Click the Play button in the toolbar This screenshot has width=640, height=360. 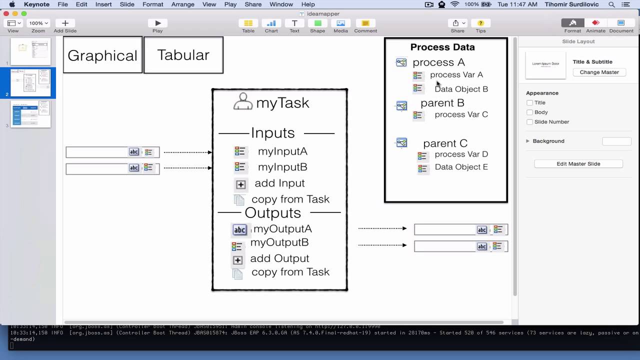click(157, 23)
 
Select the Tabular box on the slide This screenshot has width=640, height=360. click(183, 55)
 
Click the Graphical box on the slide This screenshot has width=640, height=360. click(102, 55)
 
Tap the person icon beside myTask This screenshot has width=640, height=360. click(243, 101)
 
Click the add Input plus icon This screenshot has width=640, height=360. click(240, 184)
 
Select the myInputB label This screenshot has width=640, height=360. click(282, 167)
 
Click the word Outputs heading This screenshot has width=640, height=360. click(272, 213)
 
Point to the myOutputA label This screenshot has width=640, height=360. click(282, 229)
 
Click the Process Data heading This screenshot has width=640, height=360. click(442, 47)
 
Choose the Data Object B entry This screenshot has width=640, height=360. click(461, 89)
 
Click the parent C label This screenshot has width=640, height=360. click(445, 143)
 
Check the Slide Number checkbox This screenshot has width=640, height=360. click(530, 122)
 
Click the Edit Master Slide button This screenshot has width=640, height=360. click(578, 164)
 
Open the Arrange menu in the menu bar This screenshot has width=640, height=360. click(182, 4)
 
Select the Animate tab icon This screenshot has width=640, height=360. click(595, 23)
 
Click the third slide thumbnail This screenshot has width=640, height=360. click(30, 114)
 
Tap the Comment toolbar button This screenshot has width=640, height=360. click(365, 23)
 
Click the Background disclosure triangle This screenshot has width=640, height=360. click(527, 141)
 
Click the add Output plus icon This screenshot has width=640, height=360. click(237, 260)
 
